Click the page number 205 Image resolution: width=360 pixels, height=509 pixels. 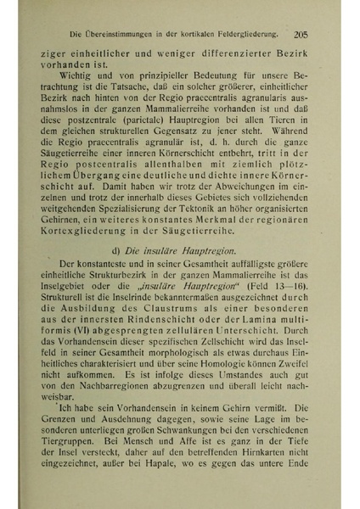(x=303, y=36)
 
